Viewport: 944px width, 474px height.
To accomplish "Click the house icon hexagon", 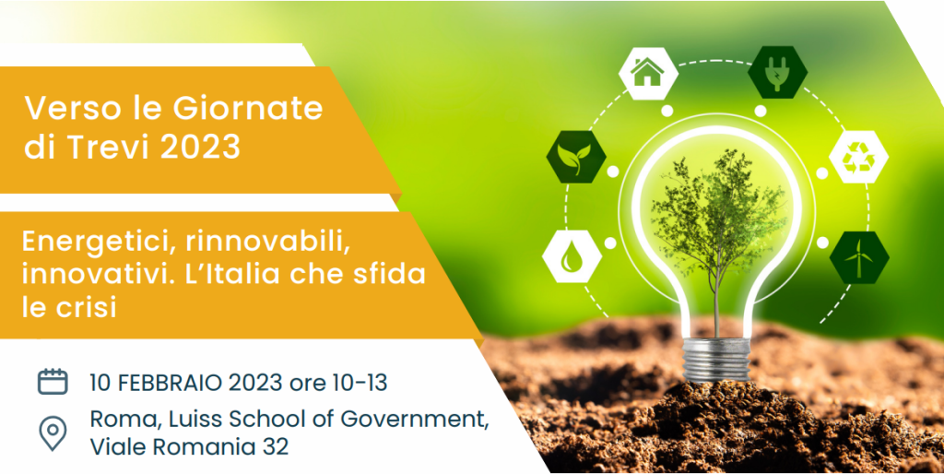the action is click(648, 73).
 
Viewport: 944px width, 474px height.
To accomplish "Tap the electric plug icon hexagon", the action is click(778, 72).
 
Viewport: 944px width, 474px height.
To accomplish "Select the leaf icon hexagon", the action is click(576, 157).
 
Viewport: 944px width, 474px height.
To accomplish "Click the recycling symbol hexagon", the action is click(858, 157).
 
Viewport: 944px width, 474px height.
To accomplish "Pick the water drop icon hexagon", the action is click(572, 256).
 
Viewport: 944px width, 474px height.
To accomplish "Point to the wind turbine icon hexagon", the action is click(859, 257).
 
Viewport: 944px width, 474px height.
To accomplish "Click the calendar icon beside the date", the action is click(53, 382).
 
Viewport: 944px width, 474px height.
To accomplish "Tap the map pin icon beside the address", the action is click(53, 433).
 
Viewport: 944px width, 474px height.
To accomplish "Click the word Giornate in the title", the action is click(248, 109).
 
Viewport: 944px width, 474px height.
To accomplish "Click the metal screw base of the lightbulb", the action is click(716, 361).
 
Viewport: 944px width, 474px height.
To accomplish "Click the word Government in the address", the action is click(414, 420).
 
